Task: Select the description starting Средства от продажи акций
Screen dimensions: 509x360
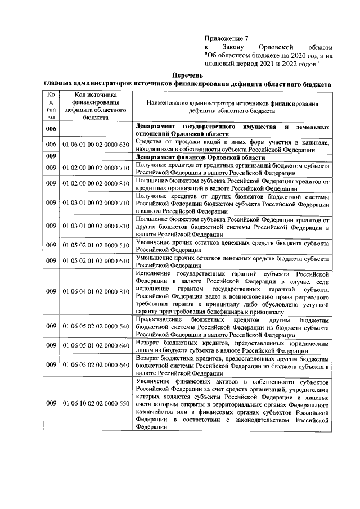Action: [x=232, y=145]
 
